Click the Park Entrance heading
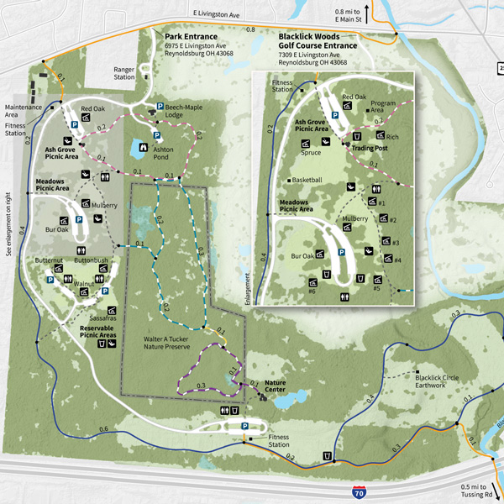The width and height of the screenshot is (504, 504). (x=191, y=38)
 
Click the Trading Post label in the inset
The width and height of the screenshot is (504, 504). (x=373, y=149)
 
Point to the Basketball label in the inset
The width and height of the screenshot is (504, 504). (x=308, y=181)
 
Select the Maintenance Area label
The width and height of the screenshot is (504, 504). (x=23, y=110)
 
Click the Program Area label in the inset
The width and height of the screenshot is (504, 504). (x=378, y=105)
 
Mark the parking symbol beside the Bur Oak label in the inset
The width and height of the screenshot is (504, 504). (x=343, y=253)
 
